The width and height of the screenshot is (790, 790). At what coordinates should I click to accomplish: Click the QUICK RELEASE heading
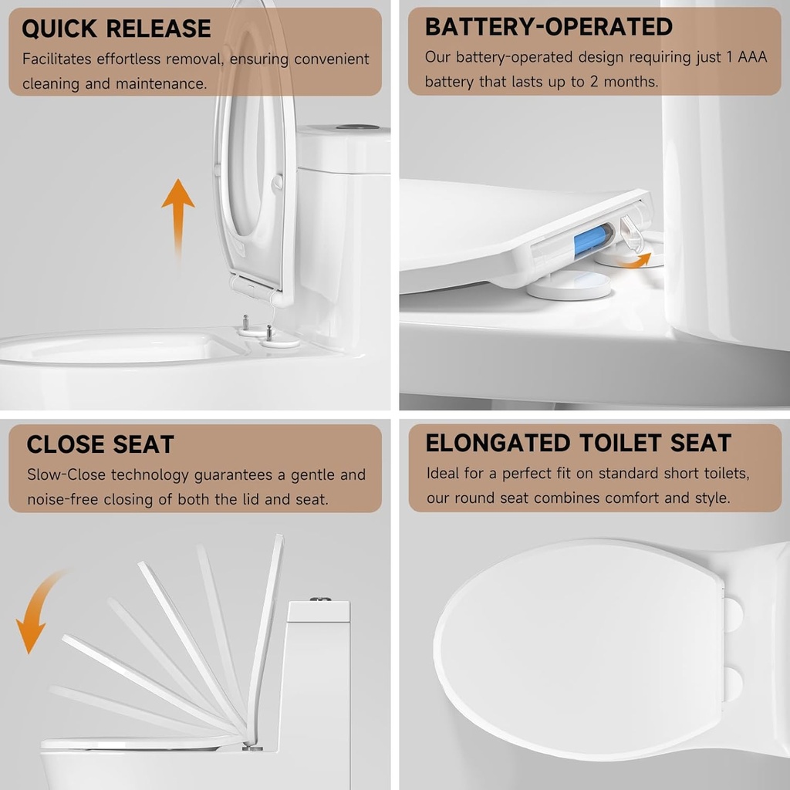tap(116, 29)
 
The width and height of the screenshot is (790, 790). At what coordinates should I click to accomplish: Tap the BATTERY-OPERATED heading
tap(549, 26)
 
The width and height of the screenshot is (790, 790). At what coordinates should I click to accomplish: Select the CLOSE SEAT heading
tap(100, 444)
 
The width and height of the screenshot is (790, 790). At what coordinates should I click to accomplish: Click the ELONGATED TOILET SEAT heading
tap(578, 443)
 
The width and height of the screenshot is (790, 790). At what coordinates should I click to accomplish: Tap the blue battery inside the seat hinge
tap(592, 240)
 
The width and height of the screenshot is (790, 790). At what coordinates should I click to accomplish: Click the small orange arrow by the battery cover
tap(640, 261)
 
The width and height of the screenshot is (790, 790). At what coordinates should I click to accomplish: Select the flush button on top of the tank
tap(357, 126)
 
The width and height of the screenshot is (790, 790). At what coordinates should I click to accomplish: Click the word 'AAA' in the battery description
tap(750, 57)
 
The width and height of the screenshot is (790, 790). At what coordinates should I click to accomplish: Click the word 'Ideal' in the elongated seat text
tap(445, 473)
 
